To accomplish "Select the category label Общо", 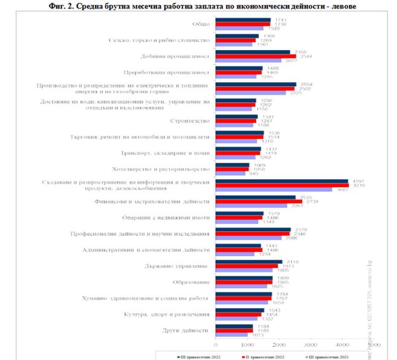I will tap(200, 24).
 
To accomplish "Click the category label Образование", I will tap(193, 281).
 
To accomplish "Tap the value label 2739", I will tap(312, 201).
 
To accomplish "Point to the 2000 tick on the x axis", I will tap(279, 344).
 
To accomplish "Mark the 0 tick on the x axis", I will tap(216, 344).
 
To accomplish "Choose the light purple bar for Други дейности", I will tap(231, 335).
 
